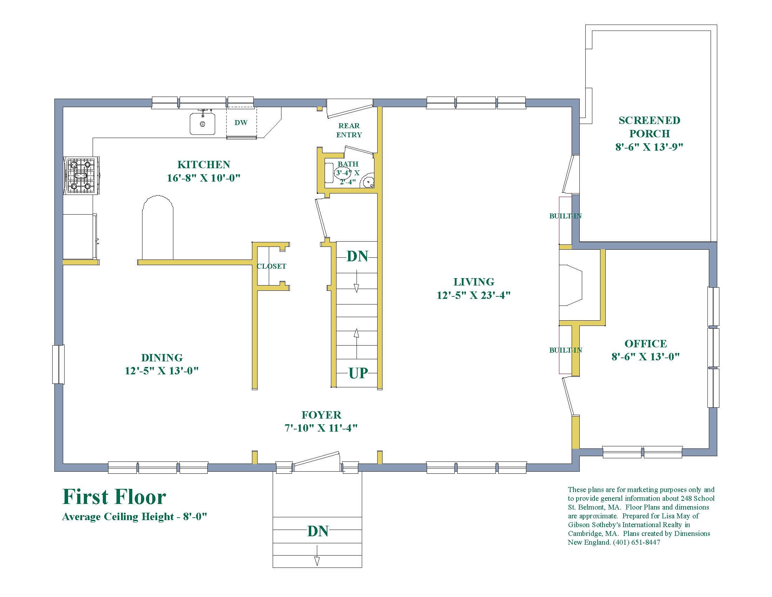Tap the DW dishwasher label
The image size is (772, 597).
point(241,123)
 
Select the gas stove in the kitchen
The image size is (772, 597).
point(81,176)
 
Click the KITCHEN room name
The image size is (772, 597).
point(204,164)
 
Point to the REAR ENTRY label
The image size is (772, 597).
point(349,130)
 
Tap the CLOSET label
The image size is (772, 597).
point(272,266)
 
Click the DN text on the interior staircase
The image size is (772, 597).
point(357,256)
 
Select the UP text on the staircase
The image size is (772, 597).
point(358,373)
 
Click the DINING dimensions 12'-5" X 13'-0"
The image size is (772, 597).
point(161,371)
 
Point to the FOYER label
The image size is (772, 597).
point(321,415)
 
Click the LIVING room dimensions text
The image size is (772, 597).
point(474,295)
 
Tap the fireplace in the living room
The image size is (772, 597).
point(571,285)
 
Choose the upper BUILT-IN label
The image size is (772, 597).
point(565,216)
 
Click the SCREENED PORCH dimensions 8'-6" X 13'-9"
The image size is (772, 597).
point(649,147)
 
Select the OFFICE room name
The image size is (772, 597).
point(646,343)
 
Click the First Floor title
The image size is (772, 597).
point(114,497)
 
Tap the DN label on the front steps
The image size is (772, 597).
point(318,531)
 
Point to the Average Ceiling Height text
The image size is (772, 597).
point(134,517)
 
